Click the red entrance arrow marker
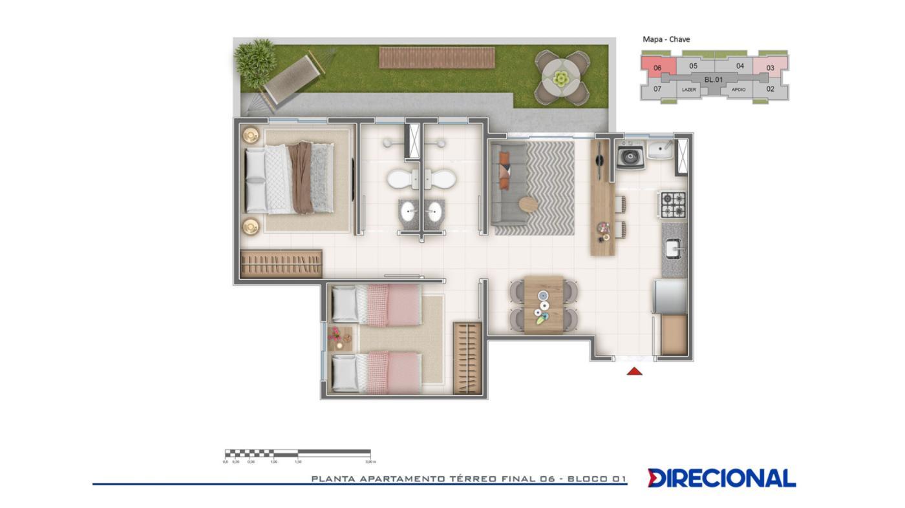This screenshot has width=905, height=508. point(635,371)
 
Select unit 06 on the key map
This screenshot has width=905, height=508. point(657,67)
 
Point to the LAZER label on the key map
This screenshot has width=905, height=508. point(689,90)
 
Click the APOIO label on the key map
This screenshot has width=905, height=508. point(738,90)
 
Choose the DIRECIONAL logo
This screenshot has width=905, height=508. point(721,478)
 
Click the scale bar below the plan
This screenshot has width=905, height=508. point(297,453)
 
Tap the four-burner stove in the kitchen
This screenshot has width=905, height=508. point(672,205)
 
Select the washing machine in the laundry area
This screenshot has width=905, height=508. point(630,156)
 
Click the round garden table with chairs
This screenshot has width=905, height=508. point(562,78)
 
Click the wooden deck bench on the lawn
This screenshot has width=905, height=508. point(436,57)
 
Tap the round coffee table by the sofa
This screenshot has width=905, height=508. point(528,204)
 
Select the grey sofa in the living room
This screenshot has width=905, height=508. point(508,183)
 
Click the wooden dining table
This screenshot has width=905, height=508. point(543,304)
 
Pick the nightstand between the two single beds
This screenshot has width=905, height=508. point(339,338)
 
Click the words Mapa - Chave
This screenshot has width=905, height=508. point(666,39)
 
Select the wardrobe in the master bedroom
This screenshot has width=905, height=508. point(281,264)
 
